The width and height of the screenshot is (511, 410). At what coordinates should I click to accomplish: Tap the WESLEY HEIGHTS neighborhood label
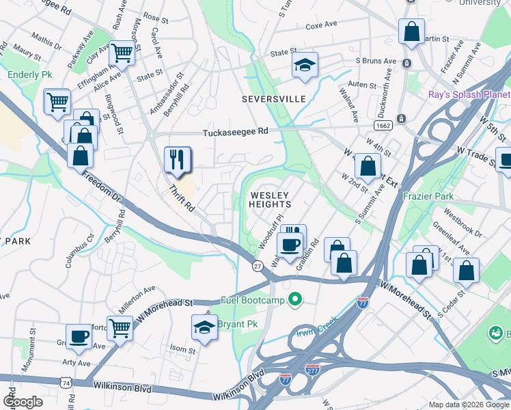point(270,200)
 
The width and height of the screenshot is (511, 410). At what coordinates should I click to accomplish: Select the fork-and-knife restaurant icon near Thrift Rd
point(177,160)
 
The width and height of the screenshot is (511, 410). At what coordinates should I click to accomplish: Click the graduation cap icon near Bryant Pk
point(204,327)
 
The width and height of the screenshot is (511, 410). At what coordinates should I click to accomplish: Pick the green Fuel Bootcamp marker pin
point(295,299)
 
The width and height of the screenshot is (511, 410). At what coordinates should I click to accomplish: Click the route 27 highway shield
point(258,266)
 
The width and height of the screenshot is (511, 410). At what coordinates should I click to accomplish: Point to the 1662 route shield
point(383,126)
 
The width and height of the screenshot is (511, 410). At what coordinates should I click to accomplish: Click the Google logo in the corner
point(23,401)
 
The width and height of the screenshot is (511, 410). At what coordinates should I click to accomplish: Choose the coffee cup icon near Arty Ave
point(79,336)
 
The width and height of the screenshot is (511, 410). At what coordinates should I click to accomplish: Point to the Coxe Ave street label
point(322,25)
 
